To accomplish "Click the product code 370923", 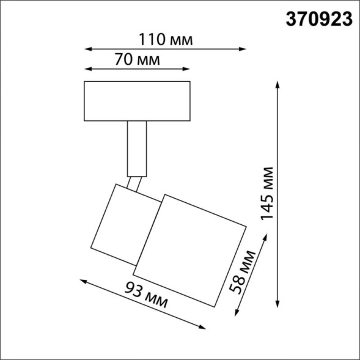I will coord(320,20).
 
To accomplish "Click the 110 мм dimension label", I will coord(163,40).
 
